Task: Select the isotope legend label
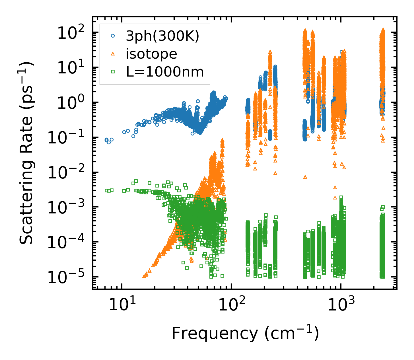tap(151, 54)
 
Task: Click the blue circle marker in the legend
tap(113, 36)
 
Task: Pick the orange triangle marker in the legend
tap(113, 54)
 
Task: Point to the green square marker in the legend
tap(113, 72)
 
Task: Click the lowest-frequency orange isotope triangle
tap(144, 276)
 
